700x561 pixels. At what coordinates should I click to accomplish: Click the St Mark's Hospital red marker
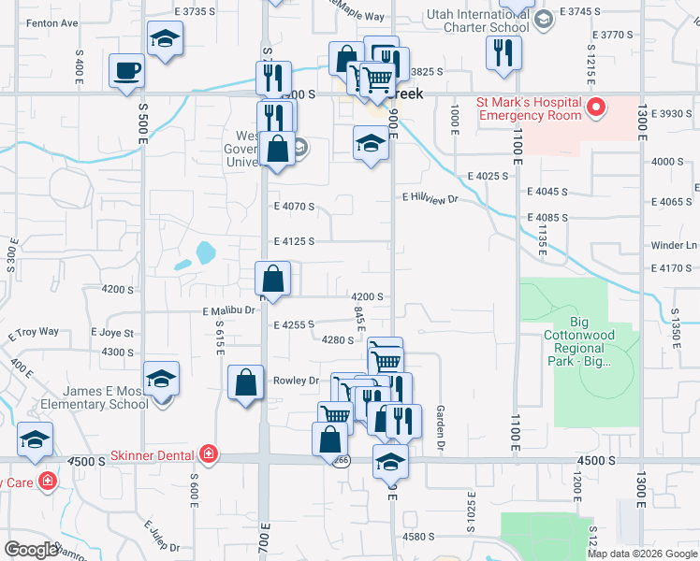pos(596,110)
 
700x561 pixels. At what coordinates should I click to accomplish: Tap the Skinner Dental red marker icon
pos(208,454)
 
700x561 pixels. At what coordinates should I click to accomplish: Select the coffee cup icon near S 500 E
pos(127,71)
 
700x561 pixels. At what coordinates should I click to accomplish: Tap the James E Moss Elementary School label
pos(95,397)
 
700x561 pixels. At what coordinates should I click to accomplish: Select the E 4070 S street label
pos(294,206)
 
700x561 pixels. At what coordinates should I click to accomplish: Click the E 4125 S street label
pos(294,240)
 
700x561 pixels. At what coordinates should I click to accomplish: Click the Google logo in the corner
pos(31,550)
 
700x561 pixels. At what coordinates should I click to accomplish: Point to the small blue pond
pos(205,251)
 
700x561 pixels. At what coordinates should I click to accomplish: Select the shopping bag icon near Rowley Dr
pos(245,382)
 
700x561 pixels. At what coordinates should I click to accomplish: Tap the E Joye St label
pos(113,332)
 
